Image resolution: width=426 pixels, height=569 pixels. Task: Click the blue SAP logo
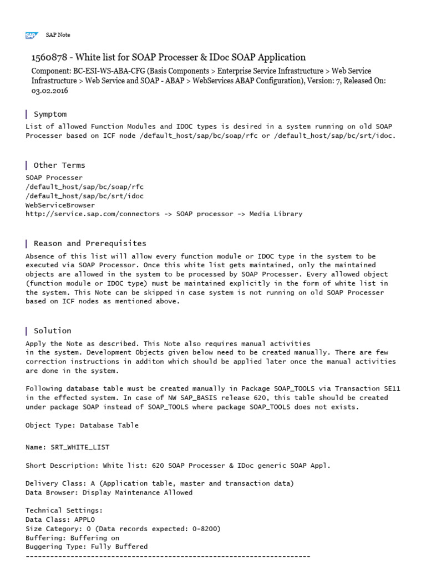pyautogui.click(x=31, y=35)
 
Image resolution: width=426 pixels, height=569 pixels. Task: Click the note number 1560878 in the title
pyautogui.click(x=50, y=57)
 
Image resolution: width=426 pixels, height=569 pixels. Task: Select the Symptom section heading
pyautogui.click(x=50, y=114)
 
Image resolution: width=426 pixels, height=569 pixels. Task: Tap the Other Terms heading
pyautogui.click(x=59, y=165)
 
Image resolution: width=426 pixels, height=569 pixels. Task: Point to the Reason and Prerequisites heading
pyautogui.click(x=90, y=243)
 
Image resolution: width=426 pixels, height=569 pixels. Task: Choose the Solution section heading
pyautogui.click(x=52, y=331)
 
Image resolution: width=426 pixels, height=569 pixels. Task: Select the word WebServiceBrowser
pyautogui.click(x=60, y=205)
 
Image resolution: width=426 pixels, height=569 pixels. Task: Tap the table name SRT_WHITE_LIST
pyautogui.click(x=83, y=447)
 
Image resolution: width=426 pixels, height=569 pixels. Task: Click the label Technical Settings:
pyautogui.click(x=64, y=510)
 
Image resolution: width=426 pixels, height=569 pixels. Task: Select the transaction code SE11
pyautogui.click(x=390, y=389)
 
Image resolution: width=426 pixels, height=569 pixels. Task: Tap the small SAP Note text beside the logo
pyautogui.click(x=58, y=35)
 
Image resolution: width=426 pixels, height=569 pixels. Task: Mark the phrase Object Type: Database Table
pyautogui.click(x=82, y=425)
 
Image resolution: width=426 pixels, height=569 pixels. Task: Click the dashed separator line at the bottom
pyautogui.click(x=168, y=556)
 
